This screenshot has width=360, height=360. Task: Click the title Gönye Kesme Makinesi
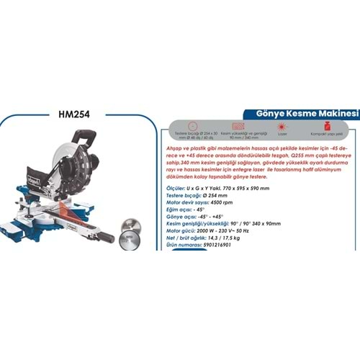[x=297, y=114]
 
